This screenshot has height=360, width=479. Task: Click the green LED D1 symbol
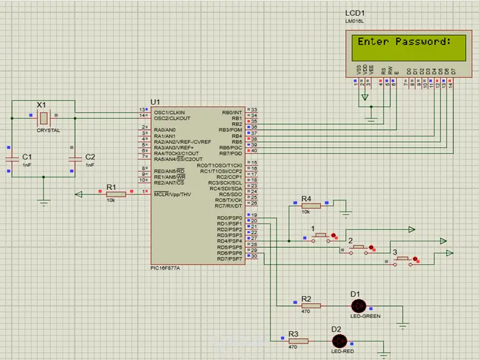(x=358, y=305)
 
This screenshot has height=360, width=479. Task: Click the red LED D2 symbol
(x=339, y=340)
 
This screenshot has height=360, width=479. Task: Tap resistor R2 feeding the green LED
(x=310, y=305)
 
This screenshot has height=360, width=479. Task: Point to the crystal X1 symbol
(x=42, y=117)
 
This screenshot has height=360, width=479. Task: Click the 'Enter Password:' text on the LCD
(x=404, y=42)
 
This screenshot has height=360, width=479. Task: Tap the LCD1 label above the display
(x=355, y=13)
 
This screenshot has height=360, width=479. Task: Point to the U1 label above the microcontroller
(x=155, y=101)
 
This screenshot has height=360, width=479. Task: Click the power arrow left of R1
(x=80, y=194)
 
